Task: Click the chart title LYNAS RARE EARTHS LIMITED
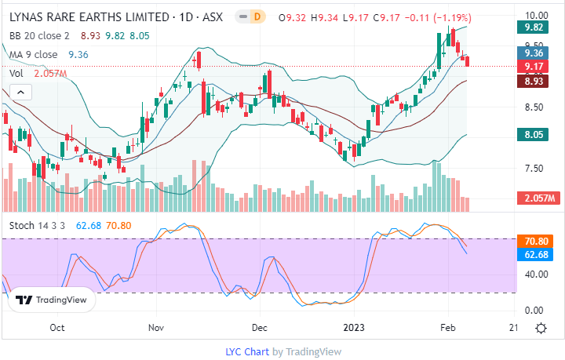[86, 15]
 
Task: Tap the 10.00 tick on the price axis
[535, 15]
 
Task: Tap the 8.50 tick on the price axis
[535, 107]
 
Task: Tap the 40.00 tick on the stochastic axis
[535, 275]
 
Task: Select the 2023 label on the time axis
[357, 327]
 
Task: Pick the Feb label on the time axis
[446, 327]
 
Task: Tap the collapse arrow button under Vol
[21, 92]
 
